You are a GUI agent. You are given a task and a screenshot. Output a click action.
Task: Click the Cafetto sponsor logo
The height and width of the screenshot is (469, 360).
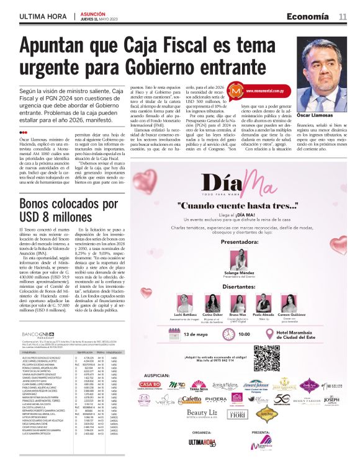[191, 400]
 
